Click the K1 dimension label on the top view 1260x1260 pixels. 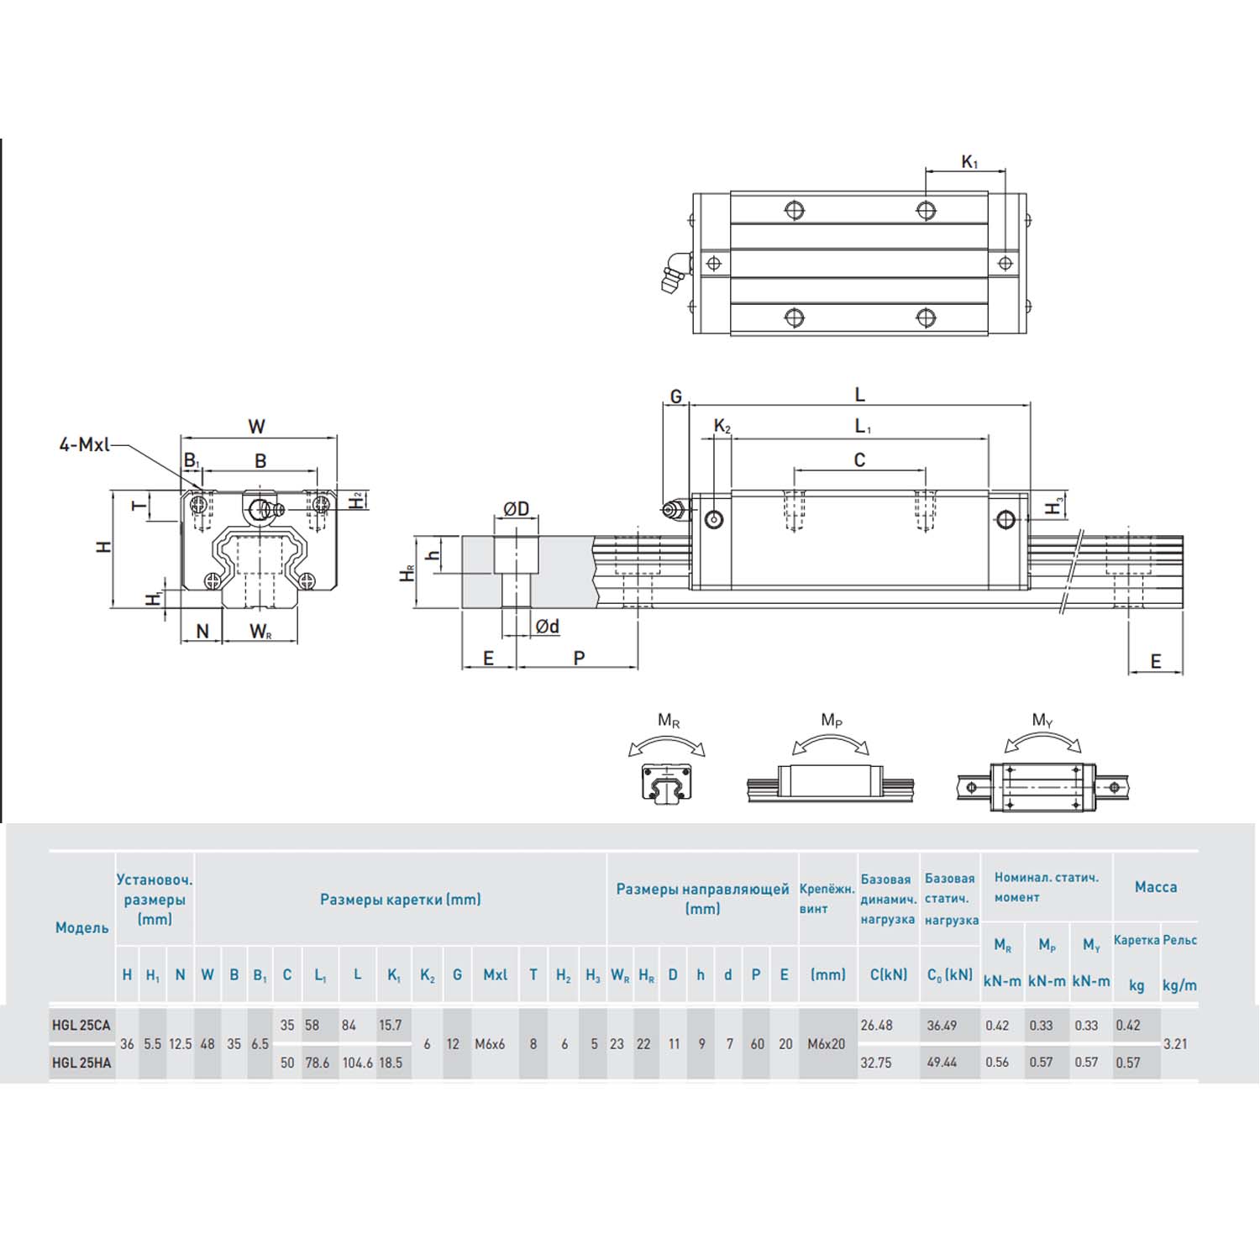tap(969, 162)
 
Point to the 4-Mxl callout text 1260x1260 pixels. tap(84, 444)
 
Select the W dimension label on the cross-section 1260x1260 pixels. tap(257, 426)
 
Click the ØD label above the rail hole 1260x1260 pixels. tap(517, 509)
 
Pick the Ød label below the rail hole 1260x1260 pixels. tap(547, 627)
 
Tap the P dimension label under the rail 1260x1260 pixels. tap(579, 659)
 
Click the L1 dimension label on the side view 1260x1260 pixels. tap(863, 427)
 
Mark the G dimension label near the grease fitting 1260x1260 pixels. tap(675, 396)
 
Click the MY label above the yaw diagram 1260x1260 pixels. tap(1042, 720)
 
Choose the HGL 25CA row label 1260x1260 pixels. tap(81, 1025)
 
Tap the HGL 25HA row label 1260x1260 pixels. tap(81, 1063)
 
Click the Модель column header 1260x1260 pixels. tap(81, 927)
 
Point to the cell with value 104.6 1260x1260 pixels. tap(357, 1063)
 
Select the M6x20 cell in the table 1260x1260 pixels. tap(827, 1044)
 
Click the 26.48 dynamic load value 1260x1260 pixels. tap(876, 1025)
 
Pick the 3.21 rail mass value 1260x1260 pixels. tap(1175, 1044)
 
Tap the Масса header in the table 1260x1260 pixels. tap(1156, 887)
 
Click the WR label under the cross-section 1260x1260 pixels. tap(260, 631)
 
